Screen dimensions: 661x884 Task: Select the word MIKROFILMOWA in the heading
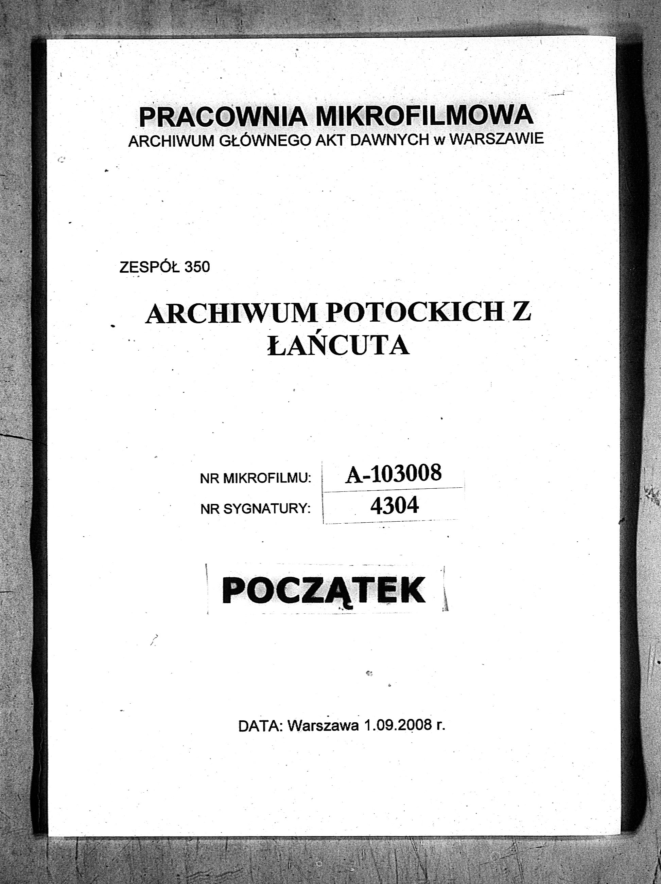coord(424,115)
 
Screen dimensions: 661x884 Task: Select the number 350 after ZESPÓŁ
coord(197,267)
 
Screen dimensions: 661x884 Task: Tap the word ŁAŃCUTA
coord(338,345)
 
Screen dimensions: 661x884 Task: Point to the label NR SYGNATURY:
coord(256,509)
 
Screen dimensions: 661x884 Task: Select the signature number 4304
coord(394,506)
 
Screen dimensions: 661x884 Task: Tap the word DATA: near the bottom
coord(260,726)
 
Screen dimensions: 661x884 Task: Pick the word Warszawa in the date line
coord(323,726)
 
